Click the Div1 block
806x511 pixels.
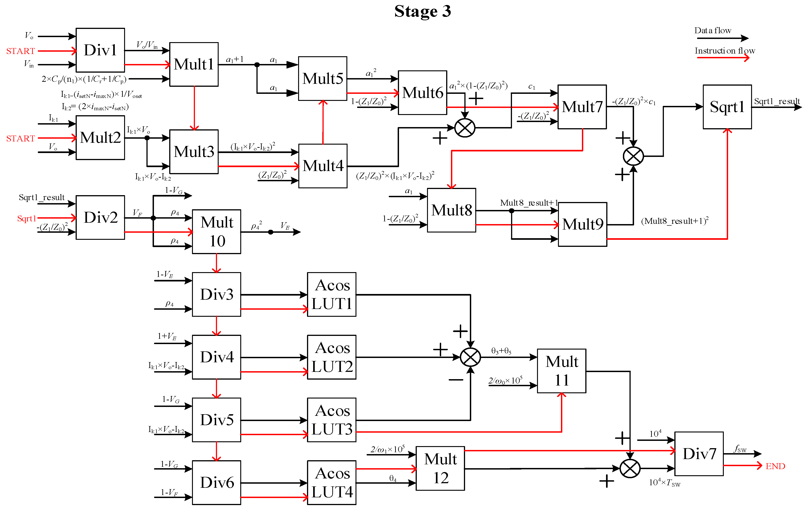(100, 50)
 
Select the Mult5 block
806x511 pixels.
(323, 78)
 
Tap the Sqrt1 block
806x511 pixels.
(727, 107)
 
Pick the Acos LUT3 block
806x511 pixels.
(332, 420)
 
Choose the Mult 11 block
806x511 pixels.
(562, 371)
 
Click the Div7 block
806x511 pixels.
(699, 454)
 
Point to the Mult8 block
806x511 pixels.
(452, 210)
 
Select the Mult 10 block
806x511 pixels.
(217, 232)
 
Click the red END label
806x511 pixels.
(775, 466)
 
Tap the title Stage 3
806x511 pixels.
(423, 11)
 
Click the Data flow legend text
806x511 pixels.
(713, 31)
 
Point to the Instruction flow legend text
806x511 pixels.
(725, 51)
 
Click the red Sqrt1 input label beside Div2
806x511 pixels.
(26, 219)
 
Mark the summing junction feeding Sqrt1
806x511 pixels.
(633, 156)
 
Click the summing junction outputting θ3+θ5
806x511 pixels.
(471, 357)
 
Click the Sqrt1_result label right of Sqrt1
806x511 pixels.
(777, 101)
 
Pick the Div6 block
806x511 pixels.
(217, 483)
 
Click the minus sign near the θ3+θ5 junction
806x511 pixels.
(456, 379)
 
